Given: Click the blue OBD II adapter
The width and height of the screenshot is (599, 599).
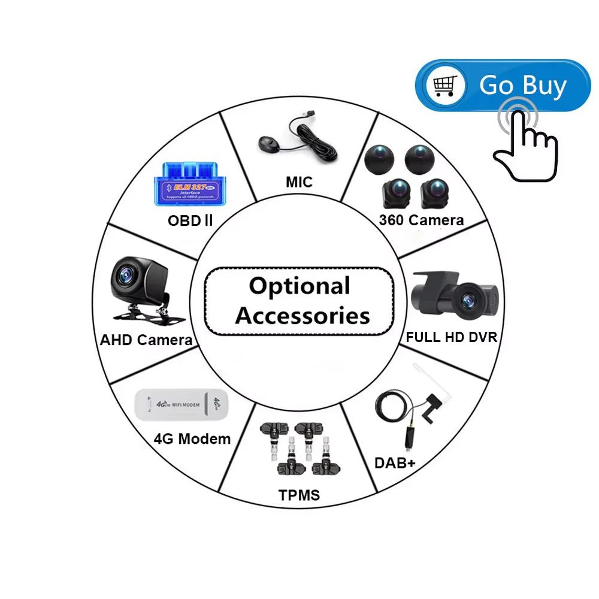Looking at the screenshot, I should click(x=184, y=181).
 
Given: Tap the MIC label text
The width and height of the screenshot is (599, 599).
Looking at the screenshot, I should click(x=299, y=182).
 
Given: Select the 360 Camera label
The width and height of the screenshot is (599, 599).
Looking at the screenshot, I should click(x=421, y=220).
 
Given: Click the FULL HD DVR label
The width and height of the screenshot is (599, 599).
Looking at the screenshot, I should click(x=451, y=337).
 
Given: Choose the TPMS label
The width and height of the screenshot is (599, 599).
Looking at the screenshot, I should click(x=299, y=495).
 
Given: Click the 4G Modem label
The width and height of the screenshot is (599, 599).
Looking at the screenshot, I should click(x=192, y=438).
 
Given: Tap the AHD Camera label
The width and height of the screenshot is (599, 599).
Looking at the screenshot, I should click(x=146, y=340).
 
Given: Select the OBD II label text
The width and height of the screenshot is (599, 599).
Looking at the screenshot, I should click(x=190, y=220).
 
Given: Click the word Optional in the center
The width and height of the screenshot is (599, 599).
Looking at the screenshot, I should click(x=299, y=286).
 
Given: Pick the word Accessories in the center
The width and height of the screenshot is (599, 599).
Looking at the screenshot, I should click(x=302, y=315).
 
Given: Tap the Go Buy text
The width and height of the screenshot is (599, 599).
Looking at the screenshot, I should click(x=522, y=85).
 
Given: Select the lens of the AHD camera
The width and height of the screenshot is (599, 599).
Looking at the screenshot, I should click(x=128, y=275).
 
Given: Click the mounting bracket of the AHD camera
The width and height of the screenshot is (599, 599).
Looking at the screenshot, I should click(x=141, y=311).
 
